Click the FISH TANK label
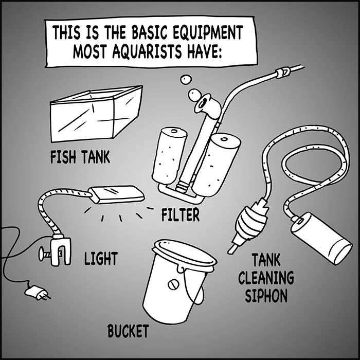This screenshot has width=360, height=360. [80, 157]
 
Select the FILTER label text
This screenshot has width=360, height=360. [181, 214]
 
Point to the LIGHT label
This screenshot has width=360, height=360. [101, 258]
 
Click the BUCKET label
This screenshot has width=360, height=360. [129, 331]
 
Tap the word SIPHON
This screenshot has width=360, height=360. [266, 295]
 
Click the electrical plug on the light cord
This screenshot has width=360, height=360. [37, 292]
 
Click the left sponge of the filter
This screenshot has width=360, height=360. [169, 157]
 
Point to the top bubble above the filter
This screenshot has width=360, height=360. [185, 79]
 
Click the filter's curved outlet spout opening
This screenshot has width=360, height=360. [203, 103]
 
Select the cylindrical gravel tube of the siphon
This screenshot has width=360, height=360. [321, 239]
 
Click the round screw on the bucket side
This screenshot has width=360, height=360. [173, 284]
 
